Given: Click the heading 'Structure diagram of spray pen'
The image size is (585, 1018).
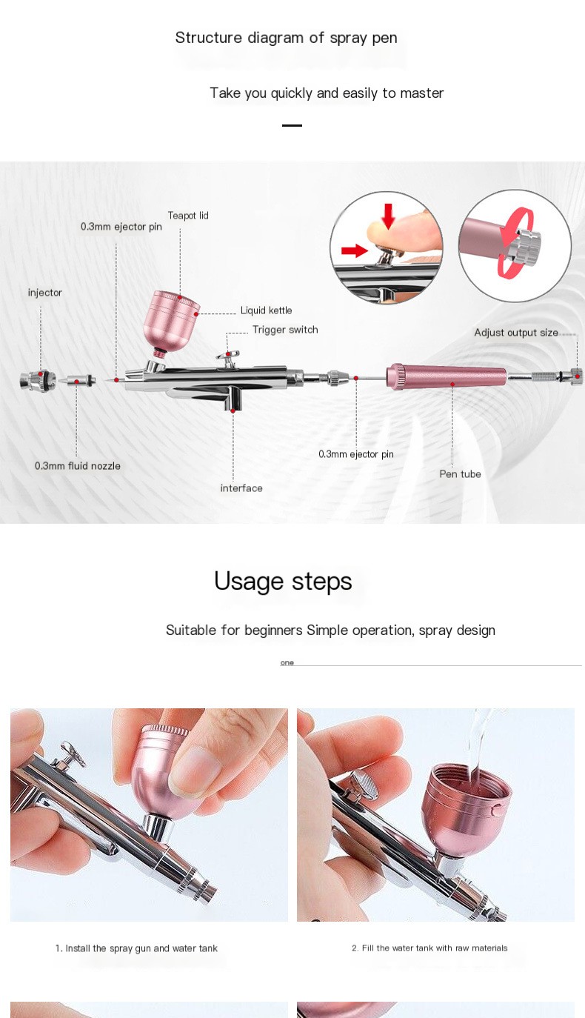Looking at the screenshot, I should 286,38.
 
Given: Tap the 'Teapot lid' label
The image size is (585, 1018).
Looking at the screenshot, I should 187,216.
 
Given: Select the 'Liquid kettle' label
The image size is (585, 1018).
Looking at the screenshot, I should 266,310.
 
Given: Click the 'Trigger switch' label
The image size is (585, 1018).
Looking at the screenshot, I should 285,330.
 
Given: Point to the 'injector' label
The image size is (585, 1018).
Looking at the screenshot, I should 45,293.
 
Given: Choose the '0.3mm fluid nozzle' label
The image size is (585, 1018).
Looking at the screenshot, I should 78,466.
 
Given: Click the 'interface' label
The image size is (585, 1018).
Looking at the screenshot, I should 241,488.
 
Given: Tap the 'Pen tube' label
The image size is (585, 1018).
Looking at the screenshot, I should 460,474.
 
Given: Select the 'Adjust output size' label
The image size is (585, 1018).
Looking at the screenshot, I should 516,333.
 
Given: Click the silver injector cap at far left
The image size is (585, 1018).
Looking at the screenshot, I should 38,381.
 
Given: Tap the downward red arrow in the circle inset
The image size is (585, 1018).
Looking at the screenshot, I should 387,215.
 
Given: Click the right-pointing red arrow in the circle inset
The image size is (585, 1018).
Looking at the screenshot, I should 354,250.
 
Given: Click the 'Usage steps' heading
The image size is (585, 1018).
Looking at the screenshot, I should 283,581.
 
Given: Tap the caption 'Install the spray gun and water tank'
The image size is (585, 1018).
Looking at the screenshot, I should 136,948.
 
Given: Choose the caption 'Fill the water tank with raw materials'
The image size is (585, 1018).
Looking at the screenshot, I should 429,948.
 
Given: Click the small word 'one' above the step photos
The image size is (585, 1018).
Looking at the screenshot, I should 287,662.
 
